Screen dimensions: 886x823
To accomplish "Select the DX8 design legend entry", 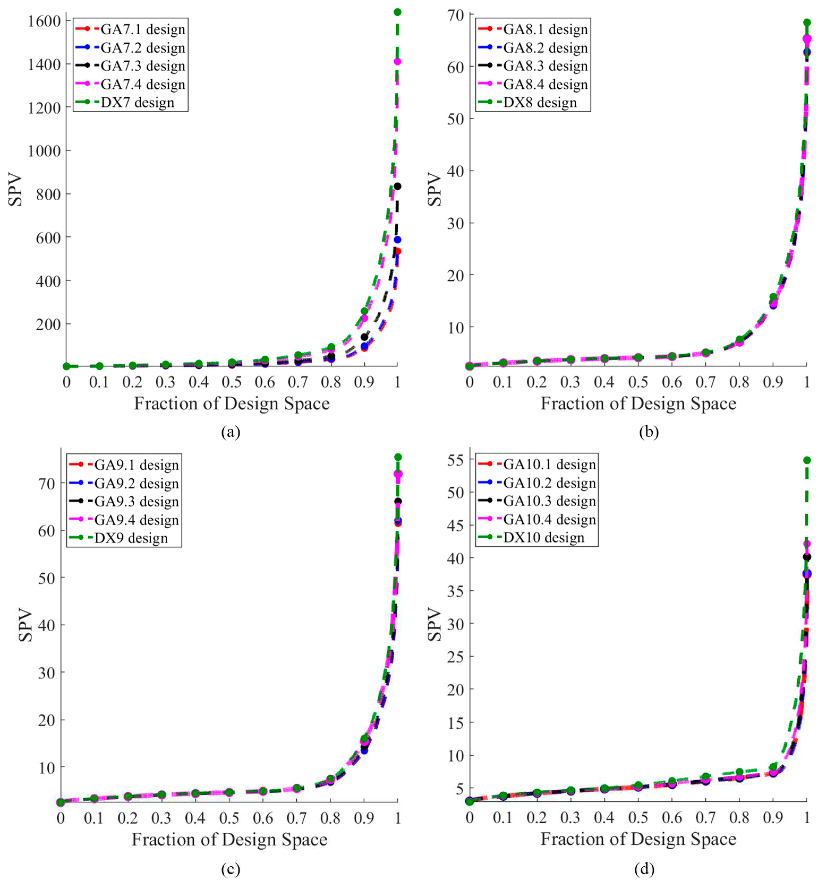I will click(540, 102).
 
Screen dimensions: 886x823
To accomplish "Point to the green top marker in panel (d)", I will click(807, 460).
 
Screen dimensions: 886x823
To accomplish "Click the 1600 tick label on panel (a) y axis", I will click(44, 21).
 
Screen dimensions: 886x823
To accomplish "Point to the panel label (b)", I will click(649, 432).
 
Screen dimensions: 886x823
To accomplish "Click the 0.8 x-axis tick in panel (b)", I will click(739, 382).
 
